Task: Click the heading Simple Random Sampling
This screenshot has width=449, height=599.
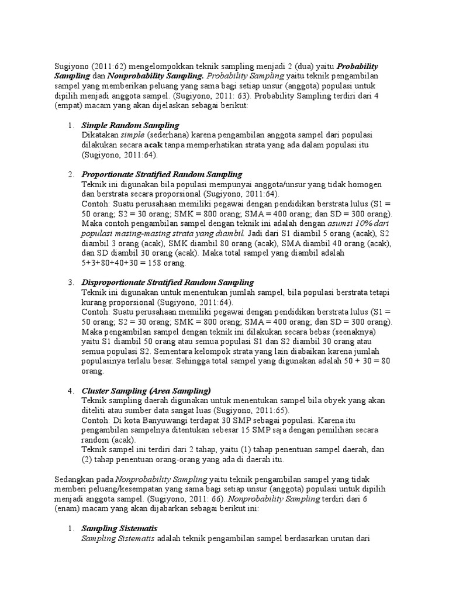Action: point(130,126)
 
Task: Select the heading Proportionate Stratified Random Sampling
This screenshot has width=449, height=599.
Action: point(161,174)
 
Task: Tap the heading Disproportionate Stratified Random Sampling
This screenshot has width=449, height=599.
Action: point(167,283)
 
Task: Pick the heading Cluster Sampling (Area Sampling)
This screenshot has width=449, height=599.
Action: point(146,390)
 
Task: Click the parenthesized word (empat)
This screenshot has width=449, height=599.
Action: point(72,105)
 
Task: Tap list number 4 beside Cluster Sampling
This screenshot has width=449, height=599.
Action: point(70,390)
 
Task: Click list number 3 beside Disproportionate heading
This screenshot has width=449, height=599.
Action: point(70,283)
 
